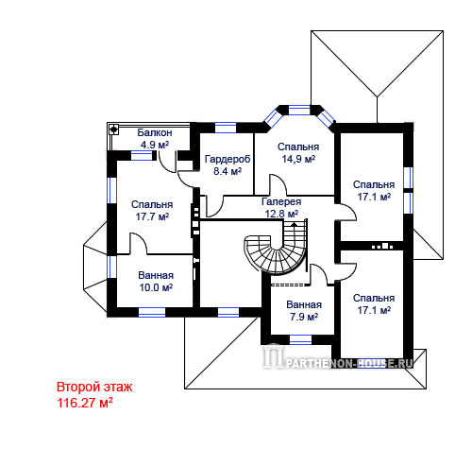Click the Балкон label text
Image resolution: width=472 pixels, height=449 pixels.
(x=155, y=132)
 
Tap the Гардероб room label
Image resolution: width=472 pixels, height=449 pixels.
(x=228, y=159)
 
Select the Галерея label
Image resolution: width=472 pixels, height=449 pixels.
(x=281, y=201)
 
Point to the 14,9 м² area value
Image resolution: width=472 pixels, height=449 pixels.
(x=298, y=159)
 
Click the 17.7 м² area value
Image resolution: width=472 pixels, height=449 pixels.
(x=152, y=216)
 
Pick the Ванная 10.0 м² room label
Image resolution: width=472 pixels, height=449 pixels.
(x=156, y=281)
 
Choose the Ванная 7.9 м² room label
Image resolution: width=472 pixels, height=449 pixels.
(x=304, y=310)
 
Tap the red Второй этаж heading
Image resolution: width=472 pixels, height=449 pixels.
(x=94, y=387)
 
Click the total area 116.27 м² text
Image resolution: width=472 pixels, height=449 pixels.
(x=85, y=403)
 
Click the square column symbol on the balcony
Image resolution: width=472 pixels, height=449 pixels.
(x=113, y=129)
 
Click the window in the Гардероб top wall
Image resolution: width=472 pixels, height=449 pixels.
(x=226, y=128)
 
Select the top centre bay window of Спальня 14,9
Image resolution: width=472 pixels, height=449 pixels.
(x=299, y=110)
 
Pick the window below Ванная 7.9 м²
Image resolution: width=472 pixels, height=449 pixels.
(x=300, y=339)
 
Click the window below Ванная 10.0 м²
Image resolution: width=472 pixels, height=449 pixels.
(x=152, y=312)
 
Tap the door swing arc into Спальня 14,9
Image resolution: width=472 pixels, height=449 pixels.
(x=278, y=184)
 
